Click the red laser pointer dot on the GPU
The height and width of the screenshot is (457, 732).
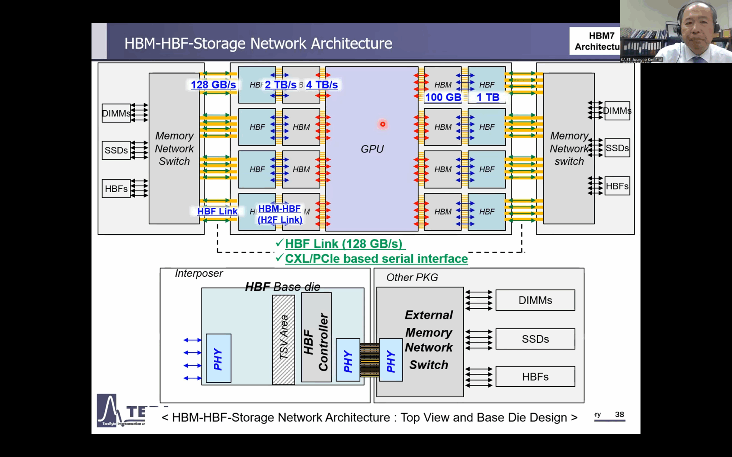382,124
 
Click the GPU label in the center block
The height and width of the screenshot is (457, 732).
372,149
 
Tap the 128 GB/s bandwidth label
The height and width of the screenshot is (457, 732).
213,85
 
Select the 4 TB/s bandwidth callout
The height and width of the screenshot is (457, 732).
322,85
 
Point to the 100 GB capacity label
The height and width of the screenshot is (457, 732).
443,97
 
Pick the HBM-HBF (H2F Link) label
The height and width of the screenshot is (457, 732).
280,214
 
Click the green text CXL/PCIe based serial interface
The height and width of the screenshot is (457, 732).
376,259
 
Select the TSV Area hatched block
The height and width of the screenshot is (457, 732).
283,339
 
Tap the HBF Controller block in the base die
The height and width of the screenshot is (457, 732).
316,337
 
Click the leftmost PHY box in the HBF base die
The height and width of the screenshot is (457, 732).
218,358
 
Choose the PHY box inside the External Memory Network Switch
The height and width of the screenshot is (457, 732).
391,360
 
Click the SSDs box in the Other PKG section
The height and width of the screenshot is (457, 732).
535,339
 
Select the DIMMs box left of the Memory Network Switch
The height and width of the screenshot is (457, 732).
116,113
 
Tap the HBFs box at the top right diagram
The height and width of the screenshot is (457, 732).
617,186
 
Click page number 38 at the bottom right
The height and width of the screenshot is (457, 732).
619,415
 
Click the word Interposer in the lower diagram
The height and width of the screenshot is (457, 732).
199,273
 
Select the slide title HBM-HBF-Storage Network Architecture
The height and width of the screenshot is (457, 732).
258,44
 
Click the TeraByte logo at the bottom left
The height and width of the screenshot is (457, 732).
107,411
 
